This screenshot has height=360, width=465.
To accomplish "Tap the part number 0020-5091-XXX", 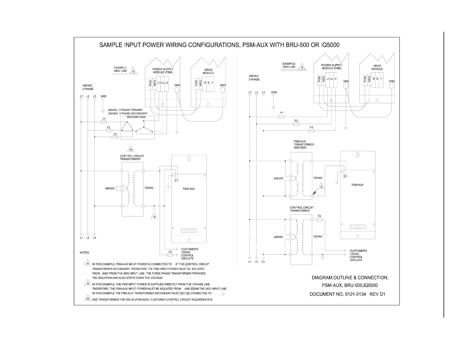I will point(136,117).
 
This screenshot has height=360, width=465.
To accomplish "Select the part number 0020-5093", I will point(300,148).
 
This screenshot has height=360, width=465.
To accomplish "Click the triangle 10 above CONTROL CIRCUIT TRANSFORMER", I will point(131,149).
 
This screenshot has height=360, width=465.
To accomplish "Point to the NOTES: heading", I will point(85,253).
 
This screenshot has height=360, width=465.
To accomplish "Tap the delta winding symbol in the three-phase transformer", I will point(127,126).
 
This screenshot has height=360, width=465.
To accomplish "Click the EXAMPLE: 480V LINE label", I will point(120,69).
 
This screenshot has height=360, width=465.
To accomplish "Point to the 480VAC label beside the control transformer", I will point(110,188).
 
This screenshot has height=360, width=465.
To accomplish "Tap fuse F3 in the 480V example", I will point(115,137).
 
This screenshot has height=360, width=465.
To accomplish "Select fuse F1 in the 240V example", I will point(281,116).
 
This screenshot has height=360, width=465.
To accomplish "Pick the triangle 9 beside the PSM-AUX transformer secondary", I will point(321,187).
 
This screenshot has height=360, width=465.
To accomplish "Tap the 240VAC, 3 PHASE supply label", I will point(254,78).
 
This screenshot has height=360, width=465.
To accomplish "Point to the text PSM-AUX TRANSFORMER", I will point(304,143).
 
